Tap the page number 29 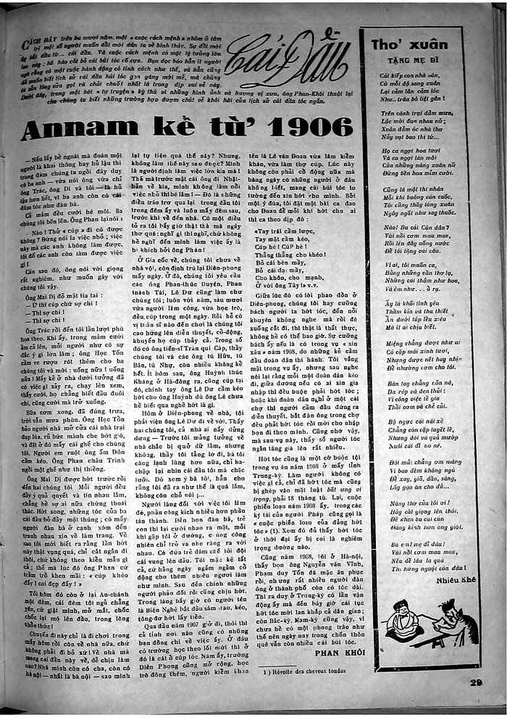pyautogui.click(x=475, y=682)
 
